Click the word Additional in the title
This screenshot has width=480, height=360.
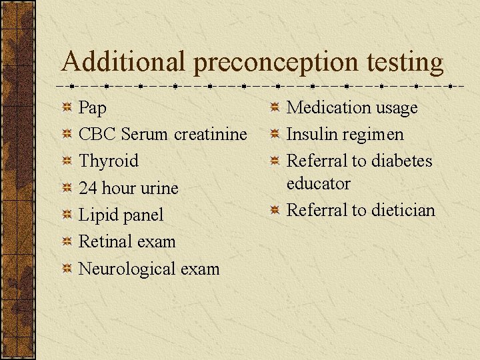pos(124,62)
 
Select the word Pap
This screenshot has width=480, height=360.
pos(93,108)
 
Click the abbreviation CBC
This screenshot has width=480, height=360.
pos(97,134)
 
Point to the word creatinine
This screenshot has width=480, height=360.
pos(211,134)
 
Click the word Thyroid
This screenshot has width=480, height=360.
pos(109,161)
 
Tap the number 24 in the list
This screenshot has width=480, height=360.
pos(88,188)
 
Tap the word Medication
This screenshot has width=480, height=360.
pos(328,107)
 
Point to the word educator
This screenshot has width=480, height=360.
pos(318,183)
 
